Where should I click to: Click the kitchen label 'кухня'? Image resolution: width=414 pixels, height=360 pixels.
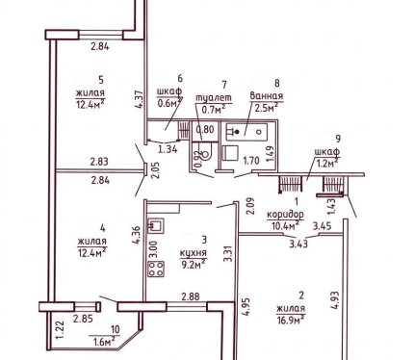point(194,253)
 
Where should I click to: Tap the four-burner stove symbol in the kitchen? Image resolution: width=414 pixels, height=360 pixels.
point(156,269)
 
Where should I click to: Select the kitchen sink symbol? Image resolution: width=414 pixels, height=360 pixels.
point(156,225)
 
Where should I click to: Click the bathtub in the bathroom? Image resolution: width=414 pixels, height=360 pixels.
point(246,132)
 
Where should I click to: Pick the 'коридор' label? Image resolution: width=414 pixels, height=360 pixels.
point(285,215)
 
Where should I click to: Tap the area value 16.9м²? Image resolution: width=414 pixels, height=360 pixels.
point(291,320)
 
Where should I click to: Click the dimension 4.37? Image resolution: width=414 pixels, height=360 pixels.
point(140,99)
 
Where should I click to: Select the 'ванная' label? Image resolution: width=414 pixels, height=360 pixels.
point(267,95)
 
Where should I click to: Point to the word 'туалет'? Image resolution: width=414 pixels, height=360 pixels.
point(214,97)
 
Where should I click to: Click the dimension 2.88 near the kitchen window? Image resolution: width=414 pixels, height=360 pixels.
point(191,296)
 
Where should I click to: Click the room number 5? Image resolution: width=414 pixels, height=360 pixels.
point(101,80)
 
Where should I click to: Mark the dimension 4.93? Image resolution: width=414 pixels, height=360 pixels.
point(335,299)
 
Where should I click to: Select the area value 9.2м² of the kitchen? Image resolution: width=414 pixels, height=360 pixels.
point(193,265)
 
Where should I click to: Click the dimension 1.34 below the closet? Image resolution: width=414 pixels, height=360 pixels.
point(168,149)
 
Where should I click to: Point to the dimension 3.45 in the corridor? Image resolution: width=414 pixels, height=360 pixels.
point(322,226)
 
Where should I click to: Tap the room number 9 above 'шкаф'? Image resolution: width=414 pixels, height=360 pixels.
point(338,139)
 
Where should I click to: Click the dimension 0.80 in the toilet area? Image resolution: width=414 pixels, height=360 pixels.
point(205,130)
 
